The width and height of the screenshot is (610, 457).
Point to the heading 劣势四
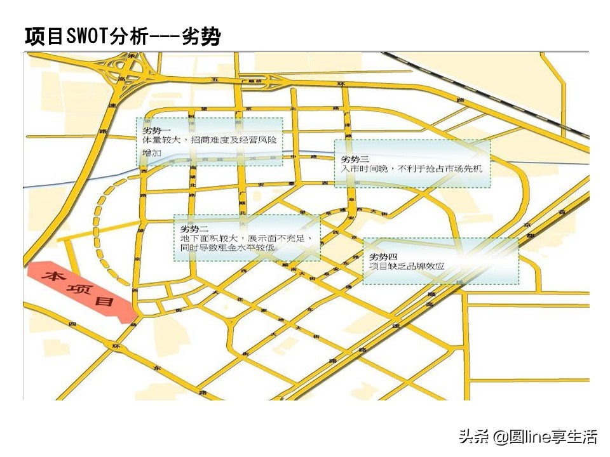pyautogui.click(x=384, y=256)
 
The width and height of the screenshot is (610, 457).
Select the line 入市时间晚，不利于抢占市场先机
pyautogui.click(x=411, y=168)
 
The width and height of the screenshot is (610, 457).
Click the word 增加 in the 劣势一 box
pyautogui.click(x=152, y=153)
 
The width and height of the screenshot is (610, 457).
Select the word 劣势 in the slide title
pyautogui.click(x=201, y=37)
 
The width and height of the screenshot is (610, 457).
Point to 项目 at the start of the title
pyautogui.click(x=43, y=37)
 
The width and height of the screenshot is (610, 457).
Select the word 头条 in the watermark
pyautogui.click(x=471, y=437)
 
